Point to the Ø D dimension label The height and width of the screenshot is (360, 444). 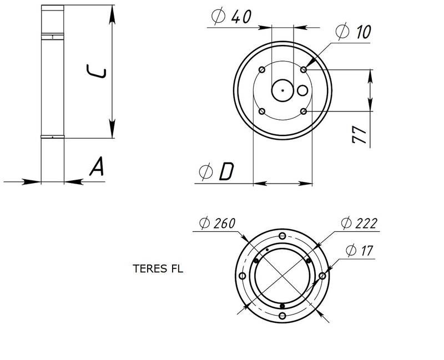tap(217, 174)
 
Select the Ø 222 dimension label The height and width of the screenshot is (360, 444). tap(360, 224)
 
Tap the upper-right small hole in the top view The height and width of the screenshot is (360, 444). tap(304, 70)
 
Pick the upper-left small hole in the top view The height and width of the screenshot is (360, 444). tap(262, 70)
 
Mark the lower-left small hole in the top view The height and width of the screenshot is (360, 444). tap(262, 111)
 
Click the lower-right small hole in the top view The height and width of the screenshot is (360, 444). tap(304, 111)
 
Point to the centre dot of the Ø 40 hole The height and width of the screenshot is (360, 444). tap(282, 90)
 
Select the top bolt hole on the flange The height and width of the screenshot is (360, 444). tap(282, 236)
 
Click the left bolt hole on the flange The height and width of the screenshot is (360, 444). tap(243, 276)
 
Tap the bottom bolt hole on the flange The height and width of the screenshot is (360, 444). tap(282, 316)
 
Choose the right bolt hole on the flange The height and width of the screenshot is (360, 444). tap(322, 276)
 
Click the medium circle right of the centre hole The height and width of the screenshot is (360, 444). tap(302, 90)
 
